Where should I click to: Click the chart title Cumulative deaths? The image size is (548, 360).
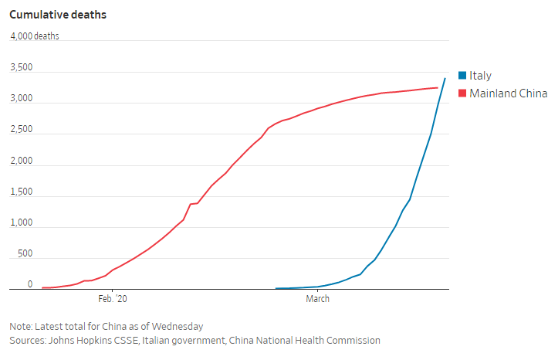pos(58,15)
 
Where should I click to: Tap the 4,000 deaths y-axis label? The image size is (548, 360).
pos(34,36)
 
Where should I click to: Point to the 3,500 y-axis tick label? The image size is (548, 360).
pos(21,68)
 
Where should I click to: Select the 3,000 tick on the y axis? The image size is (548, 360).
pos(21,99)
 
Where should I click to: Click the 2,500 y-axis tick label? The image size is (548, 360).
pos(21,130)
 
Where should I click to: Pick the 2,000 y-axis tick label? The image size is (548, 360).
pos(21,161)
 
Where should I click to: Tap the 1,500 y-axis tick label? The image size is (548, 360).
pos(21,192)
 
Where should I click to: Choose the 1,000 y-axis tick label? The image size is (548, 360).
pos(21,223)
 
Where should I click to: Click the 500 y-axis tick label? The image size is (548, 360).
pos(25,254)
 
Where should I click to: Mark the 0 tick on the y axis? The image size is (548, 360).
pos(30,284)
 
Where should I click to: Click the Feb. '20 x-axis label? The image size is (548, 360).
pos(112,298)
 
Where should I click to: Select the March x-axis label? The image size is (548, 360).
pos(317,298)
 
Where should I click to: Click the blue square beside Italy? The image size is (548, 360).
pos(462,76)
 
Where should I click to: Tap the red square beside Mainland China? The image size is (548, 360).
pos(462,93)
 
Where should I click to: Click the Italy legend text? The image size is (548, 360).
pos(480,76)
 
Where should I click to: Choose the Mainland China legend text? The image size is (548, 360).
pos(508,93)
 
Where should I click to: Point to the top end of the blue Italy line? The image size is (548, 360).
pos(445,78)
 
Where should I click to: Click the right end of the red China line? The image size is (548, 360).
pos(438,87)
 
